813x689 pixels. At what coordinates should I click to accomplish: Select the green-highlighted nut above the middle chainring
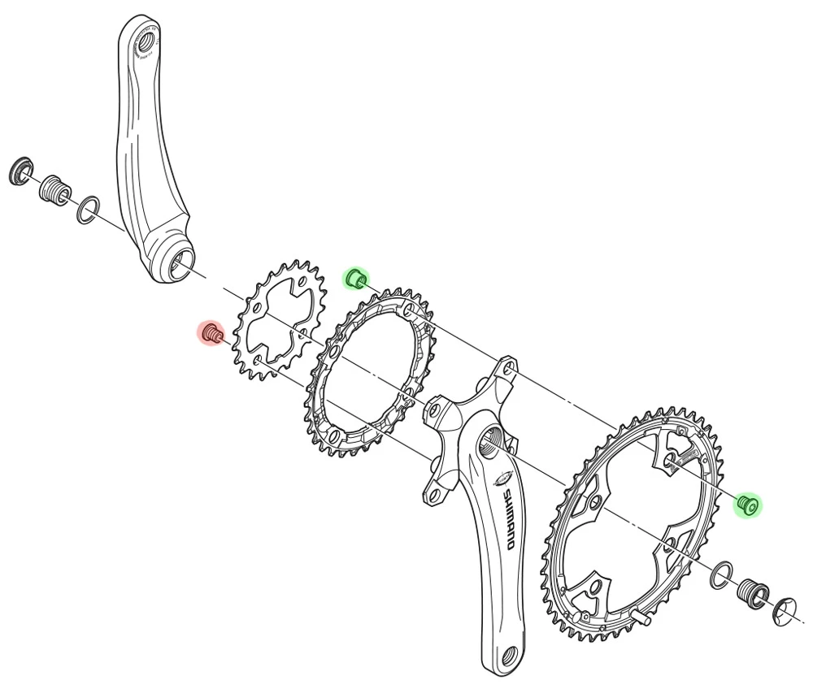click(355, 279)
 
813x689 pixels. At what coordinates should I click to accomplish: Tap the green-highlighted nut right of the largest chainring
click(747, 505)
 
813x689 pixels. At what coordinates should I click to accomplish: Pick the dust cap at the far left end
click(20, 171)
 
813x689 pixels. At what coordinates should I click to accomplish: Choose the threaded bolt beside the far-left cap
click(54, 190)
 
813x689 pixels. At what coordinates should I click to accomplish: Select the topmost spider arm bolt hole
click(508, 370)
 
